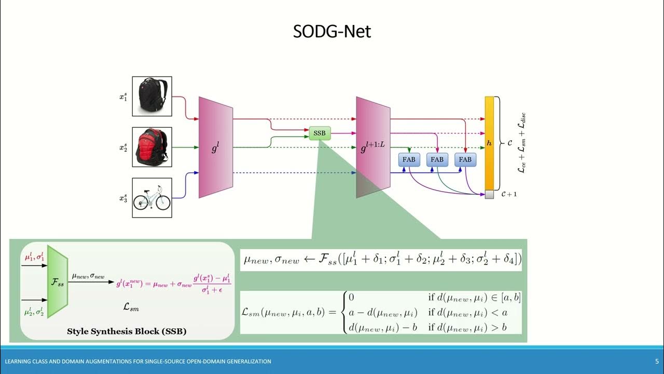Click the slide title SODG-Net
point(332,32)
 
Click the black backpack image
point(152,96)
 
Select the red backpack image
point(152,147)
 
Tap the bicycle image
point(152,197)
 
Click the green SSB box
point(320,133)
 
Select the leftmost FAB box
point(409,159)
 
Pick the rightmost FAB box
point(465,159)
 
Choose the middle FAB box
point(437,159)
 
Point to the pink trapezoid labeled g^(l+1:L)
point(373,147)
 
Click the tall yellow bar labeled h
point(489,143)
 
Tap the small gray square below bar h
point(489,194)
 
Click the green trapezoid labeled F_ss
point(57,281)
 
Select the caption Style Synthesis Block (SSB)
point(127,331)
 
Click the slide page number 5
point(657,361)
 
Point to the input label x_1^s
point(123,97)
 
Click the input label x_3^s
point(123,198)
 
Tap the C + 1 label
point(509,194)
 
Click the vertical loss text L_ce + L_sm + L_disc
point(522,143)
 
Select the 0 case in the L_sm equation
point(351,298)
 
